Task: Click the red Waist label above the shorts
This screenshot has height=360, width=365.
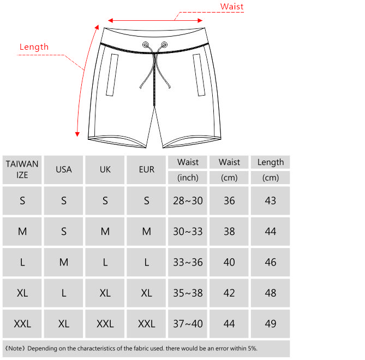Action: (231, 7)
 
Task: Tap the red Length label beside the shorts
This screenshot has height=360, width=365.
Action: (34, 47)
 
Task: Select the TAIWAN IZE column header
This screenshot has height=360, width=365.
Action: (22, 169)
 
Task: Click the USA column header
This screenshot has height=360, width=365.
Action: (64, 169)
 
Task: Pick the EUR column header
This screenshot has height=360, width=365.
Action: (147, 169)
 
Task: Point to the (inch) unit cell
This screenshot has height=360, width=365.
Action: (188, 178)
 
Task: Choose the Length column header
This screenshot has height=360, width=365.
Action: (271, 162)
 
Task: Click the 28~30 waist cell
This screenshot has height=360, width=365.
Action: (188, 200)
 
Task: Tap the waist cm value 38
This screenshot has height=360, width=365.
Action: (229, 232)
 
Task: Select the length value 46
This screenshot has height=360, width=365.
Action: (271, 262)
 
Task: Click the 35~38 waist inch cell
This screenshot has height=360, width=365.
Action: (188, 293)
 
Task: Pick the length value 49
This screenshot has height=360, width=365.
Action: (271, 324)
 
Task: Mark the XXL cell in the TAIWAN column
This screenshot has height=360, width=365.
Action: (22, 324)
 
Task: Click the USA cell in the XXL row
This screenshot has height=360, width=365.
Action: (64, 324)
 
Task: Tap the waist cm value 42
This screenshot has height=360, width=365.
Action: (229, 293)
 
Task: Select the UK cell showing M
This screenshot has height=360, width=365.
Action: (105, 232)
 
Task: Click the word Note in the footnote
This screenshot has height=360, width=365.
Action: (16, 348)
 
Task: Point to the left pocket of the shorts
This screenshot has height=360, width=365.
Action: (115, 75)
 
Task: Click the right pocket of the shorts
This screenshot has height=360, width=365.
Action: (198, 75)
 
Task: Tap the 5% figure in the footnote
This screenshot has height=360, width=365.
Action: (251, 348)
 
